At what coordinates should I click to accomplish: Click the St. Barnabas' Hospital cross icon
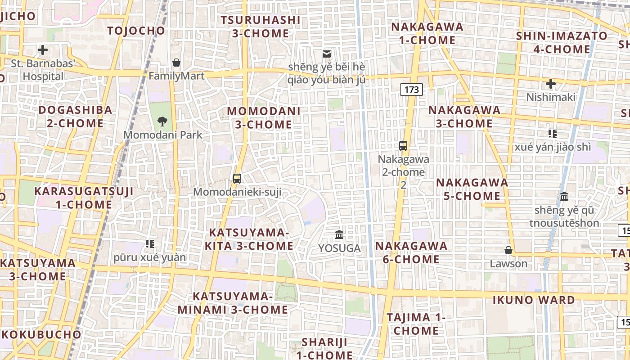click(x=43, y=49)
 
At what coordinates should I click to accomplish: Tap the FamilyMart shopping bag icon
click(x=176, y=62)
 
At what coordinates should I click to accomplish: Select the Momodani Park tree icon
click(x=162, y=121)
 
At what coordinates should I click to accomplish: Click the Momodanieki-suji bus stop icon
click(x=237, y=178)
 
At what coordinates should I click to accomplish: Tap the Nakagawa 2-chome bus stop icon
click(x=403, y=146)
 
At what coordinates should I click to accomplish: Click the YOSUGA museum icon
click(x=339, y=234)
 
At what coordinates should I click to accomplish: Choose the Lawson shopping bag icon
click(x=508, y=250)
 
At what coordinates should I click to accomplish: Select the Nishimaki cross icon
click(x=551, y=84)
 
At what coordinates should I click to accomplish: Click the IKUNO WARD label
click(x=534, y=300)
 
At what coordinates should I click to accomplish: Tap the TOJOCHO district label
click(x=136, y=31)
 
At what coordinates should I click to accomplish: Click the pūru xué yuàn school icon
click(x=150, y=244)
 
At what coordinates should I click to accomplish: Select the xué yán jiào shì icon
click(x=553, y=133)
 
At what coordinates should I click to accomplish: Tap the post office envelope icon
click(x=327, y=54)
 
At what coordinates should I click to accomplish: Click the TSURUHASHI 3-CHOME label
click(x=261, y=27)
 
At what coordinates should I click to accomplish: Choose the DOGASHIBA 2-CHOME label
click(x=75, y=117)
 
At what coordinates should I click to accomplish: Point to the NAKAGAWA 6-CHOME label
click(x=411, y=252)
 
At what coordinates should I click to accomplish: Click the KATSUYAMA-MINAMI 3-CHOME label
click(x=233, y=303)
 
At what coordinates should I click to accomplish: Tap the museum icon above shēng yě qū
click(x=564, y=197)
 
